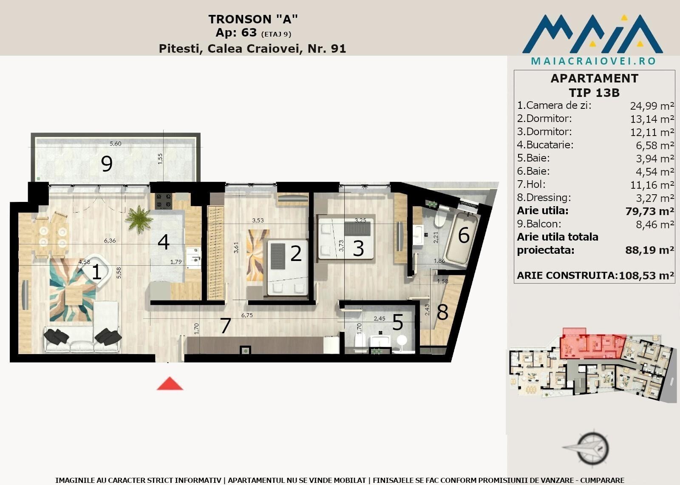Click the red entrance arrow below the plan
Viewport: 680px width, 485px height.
pyautogui.click(x=170, y=383)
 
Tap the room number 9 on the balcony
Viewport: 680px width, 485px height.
pyautogui.click(x=107, y=164)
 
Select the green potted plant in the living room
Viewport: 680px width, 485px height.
pyautogui.click(x=139, y=219)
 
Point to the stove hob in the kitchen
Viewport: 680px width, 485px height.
pyautogui.click(x=164, y=201)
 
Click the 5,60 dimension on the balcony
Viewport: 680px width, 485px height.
pyautogui.click(x=115, y=144)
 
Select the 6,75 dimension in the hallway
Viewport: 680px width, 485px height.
pyautogui.click(x=247, y=315)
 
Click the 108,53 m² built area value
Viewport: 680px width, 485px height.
pyautogui.click(x=646, y=275)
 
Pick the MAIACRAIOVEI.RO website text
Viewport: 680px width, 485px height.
pyautogui.click(x=593, y=61)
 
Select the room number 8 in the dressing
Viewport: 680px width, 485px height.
pyautogui.click(x=442, y=312)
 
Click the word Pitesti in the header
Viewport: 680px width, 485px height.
pyautogui.click(x=181, y=48)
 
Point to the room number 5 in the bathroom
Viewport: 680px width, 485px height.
pyautogui.click(x=398, y=322)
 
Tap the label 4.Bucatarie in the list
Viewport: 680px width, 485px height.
pyautogui.click(x=545, y=145)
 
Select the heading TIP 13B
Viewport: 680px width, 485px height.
pyautogui.click(x=594, y=93)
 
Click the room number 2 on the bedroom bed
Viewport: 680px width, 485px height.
pyautogui.click(x=296, y=253)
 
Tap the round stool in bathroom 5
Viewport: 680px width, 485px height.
pyautogui.click(x=402, y=340)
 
